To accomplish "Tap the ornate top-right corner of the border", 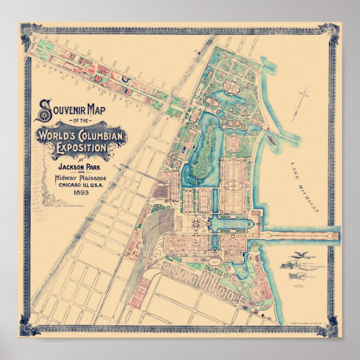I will point(332,30).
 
